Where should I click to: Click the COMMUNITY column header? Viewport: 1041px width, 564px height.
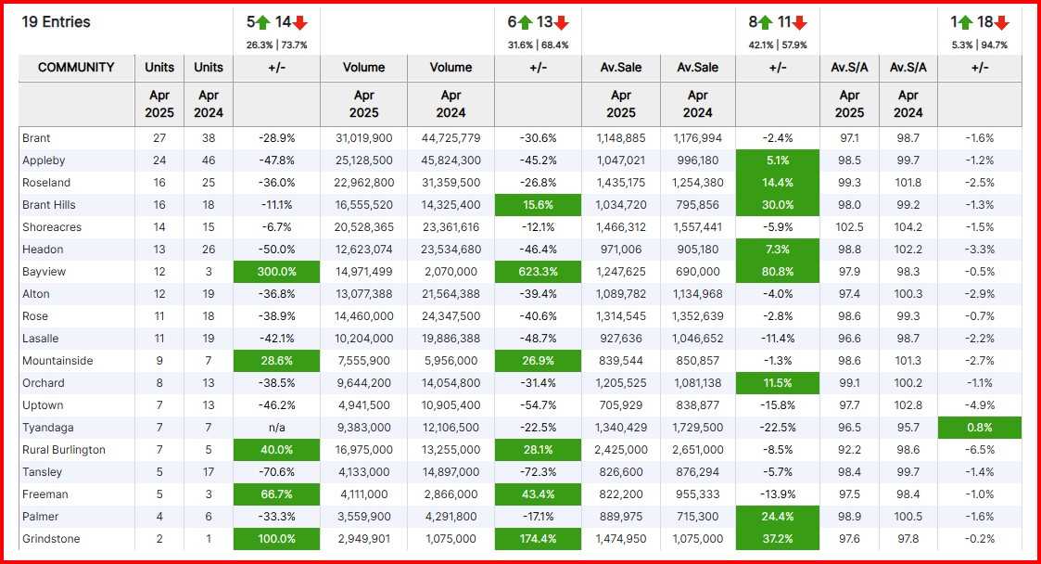click(76, 68)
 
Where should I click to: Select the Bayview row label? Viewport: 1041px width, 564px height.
click(43, 272)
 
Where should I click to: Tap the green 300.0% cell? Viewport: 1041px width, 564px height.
click(276, 272)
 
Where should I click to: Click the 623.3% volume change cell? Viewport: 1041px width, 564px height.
click(538, 272)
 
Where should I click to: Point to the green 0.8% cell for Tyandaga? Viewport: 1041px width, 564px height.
click(979, 428)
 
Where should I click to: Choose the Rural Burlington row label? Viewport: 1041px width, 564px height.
click(63, 450)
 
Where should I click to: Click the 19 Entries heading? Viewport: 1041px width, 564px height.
click(57, 21)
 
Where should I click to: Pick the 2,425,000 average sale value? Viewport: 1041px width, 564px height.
click(621, 450)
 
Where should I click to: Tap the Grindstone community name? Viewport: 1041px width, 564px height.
click(51, 539)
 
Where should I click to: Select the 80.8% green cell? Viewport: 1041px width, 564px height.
click(778, 272)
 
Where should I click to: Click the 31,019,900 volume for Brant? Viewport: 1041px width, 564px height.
click(363, 138)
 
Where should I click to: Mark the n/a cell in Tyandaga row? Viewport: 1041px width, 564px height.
click(276, 428)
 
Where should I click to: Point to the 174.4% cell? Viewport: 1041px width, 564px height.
click(538, 539)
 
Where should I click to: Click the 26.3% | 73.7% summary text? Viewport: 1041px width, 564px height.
click(276, 45)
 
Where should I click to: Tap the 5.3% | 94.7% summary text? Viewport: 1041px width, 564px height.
click(979, 45)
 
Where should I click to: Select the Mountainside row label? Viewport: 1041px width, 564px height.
click(57, 361)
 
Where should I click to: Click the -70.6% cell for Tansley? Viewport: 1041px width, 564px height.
click(276, 472)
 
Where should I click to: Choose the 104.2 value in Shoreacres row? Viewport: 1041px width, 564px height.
click(908, 227)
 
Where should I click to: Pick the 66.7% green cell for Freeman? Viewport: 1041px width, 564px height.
click(276, 494)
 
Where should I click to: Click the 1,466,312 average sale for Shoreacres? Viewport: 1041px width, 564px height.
click(621, 227)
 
